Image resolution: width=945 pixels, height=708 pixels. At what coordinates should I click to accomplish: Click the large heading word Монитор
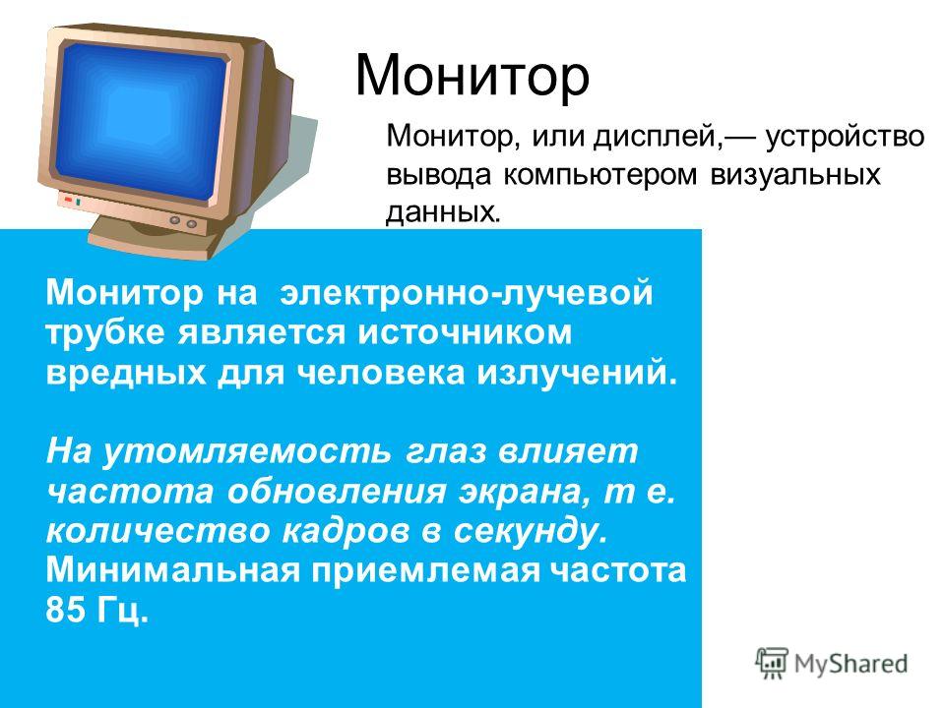click(x=472, y=76)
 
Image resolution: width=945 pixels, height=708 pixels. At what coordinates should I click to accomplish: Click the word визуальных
click(x=795, y=175)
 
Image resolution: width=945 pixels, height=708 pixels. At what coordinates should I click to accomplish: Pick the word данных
click(x=443, y=212)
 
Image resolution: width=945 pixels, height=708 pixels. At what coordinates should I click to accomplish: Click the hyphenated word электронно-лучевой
click(x=467, y=293)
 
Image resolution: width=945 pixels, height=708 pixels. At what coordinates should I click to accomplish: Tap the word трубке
click(x=105, y=332)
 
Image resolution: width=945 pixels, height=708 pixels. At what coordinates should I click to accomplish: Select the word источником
click(x=465, y=333)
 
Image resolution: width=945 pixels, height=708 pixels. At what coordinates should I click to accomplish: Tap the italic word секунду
click(x=531, y=532)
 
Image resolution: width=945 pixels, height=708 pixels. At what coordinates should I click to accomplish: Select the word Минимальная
click(x=172, y=569)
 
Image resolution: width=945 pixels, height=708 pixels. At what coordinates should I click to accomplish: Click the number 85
click(x=66, y=610)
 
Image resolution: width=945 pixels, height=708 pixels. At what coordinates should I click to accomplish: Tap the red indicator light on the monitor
click(x=68, y=200)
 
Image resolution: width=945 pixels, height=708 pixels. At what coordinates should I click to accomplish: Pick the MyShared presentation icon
click(x=772, y=664)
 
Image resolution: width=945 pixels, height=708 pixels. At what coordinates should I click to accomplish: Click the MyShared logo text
click(x=850, y=664)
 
